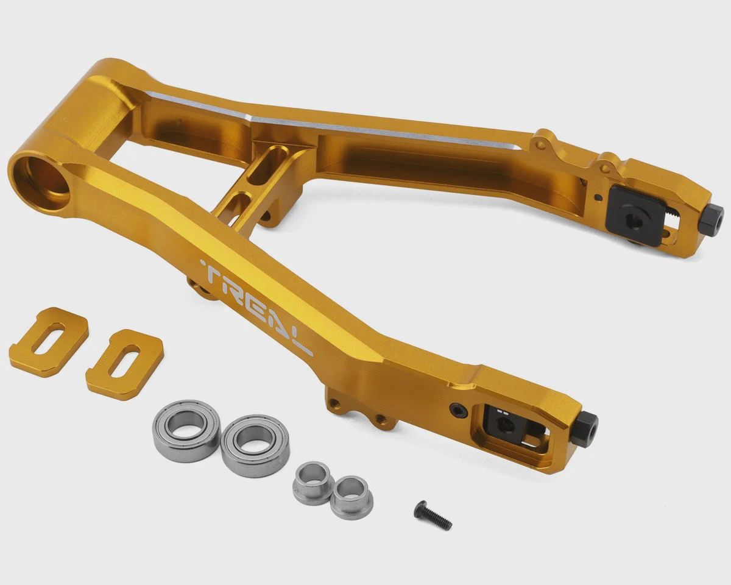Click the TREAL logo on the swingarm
(256, 307)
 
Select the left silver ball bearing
(186, 431)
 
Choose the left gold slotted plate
(49, 342)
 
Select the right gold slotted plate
(125, 364)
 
